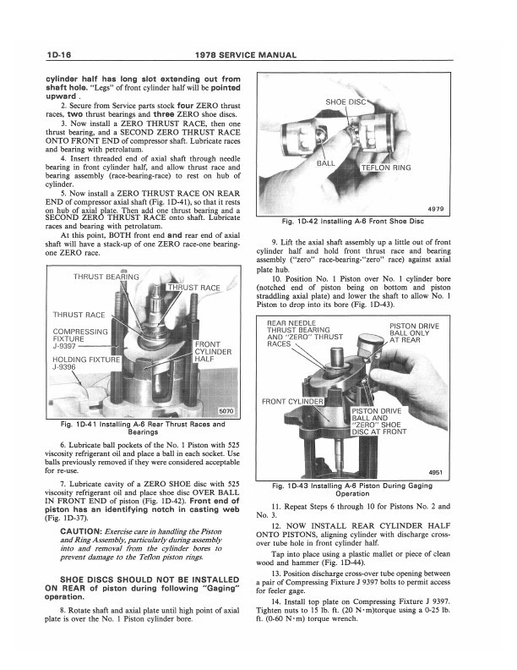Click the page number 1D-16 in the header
[42, 56]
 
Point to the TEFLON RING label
[386, 167]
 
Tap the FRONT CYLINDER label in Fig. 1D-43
[292, 401]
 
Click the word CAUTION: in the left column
[81, 530]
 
